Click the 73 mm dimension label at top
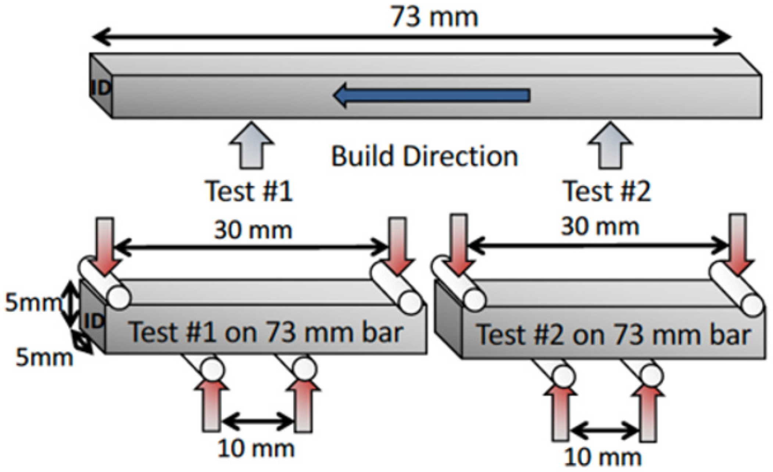pyautogui.click(x=434, y=17)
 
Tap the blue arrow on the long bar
pyautogui.click(x=432, y=95)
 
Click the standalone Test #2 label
pyautogui.click(x=607, y=191)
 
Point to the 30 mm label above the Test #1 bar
pyautogui.click(x=253, y=231)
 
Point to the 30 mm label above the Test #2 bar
pyautogui.click(x=600, y=227)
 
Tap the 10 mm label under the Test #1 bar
pyautogui.click(x=256, y=448)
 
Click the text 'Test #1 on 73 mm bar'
pyautogui.click(x=266, y=332)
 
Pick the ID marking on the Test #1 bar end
pyautogui.click(x=94, y=321)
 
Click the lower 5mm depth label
pyautogui.click(x=44, y=358)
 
